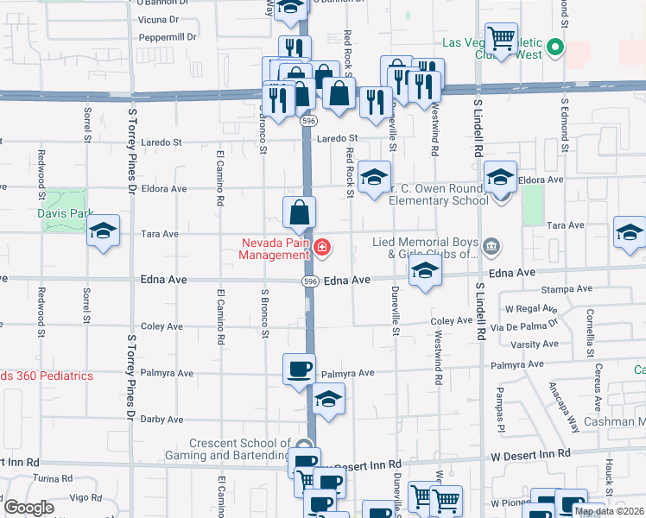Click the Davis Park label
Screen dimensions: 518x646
pos(65,212)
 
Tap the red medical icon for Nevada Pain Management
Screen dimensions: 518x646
pos(322,249)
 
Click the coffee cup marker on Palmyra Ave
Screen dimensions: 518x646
pos(299,370)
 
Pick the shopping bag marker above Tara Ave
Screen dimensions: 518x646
pos(299,212)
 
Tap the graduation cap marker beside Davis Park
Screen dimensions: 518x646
pos(103,231)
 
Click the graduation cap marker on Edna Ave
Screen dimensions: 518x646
pos(424,271)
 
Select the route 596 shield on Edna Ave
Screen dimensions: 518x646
pos(308,281)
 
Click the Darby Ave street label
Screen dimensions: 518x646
pos(162,420)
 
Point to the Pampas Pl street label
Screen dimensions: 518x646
pos(499,408)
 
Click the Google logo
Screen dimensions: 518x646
pos(28,508)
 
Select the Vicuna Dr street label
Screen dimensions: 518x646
pos(158,18)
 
